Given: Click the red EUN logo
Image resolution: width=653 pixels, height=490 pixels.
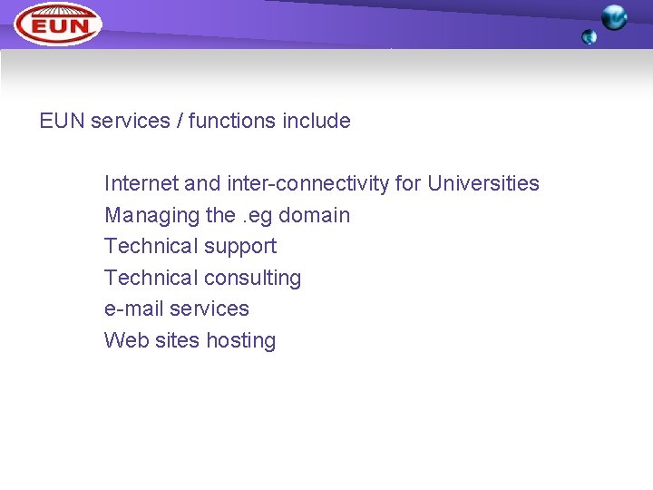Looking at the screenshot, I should [x=58, y=24].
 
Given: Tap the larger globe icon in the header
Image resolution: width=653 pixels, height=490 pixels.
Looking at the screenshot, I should [x=614, y=17].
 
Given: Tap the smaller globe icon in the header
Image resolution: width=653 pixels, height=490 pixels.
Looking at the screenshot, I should [x=590, y=37].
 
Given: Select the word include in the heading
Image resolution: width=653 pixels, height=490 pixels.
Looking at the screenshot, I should [x=317, y=121].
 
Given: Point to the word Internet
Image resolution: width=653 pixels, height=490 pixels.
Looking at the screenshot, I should [x=141, y=183].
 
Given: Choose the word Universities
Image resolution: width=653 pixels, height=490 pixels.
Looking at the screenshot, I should [x=483, y=183].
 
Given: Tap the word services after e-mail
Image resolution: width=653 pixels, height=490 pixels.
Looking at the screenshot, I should [x=210, y=309].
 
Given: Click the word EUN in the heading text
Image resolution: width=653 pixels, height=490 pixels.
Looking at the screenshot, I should [x=63, y=121].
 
